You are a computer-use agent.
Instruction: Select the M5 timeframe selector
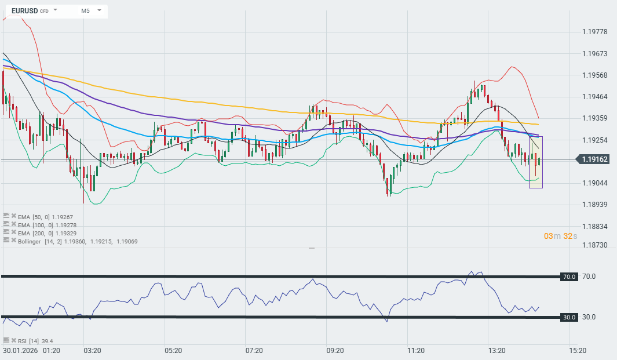(85, 10)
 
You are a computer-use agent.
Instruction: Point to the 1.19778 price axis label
(594, 32)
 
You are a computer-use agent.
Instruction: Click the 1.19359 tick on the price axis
(594, 118)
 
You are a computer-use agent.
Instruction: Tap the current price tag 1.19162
(594, 159)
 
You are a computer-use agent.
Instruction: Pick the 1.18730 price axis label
(594, 245)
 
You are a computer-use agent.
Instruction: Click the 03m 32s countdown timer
(560, 236)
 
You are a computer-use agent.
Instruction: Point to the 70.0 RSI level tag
(569, 277)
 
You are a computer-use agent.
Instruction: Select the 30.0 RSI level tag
(569, 317)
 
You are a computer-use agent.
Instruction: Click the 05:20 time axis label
(173, 351)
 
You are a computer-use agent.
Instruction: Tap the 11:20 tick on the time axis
(416, 351)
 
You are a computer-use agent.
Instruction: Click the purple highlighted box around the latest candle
(536, 162)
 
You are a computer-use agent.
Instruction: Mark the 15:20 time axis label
(578, 351)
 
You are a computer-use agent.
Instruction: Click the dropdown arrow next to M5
(100, 10)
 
